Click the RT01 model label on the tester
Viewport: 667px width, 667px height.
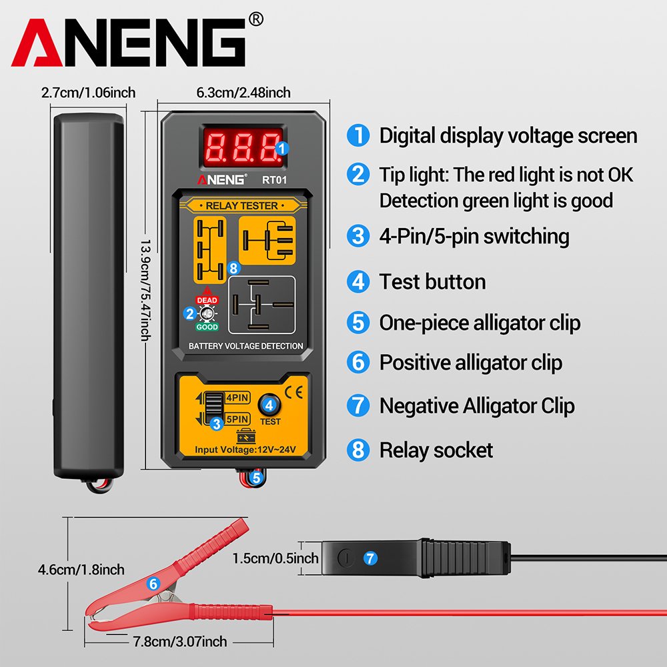tap(273, 179)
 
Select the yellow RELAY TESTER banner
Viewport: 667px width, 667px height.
tap(241, 205)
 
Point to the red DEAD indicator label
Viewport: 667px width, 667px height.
tap(207, 300)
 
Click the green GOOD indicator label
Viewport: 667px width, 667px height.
tap(207, 327)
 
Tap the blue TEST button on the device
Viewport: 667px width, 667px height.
tap(269, 404)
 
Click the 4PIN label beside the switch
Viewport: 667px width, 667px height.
tap(237, 398)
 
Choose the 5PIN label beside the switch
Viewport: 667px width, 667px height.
tap(237, 419)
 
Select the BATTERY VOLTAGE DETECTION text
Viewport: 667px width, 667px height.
tap(245, 346)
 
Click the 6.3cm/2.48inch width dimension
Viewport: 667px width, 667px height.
tap(243, 93)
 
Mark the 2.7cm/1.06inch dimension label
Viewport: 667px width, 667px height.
tap(88, 93)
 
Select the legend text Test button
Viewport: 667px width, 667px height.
tap(432, 281)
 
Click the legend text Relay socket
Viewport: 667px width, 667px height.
tap(436, 450)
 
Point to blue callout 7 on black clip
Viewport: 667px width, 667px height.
tap(370, 556)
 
